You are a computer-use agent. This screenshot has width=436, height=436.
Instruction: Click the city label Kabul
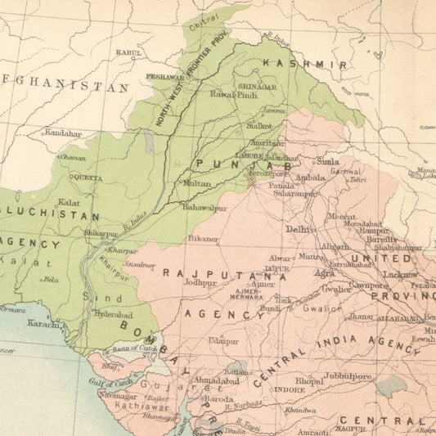pos(129,52)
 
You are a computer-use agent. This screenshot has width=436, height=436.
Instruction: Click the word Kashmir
pos(304,63)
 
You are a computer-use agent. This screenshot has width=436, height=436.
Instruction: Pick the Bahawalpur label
pos(205,209)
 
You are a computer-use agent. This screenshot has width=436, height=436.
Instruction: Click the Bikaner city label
pos(203,239)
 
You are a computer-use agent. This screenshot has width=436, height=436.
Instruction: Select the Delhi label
pos(299,230)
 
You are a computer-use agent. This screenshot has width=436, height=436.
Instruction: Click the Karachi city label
pos(43,324)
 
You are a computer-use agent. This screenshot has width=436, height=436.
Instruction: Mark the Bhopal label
pos(308,381)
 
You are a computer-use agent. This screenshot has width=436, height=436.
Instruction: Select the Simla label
pos(327,162)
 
